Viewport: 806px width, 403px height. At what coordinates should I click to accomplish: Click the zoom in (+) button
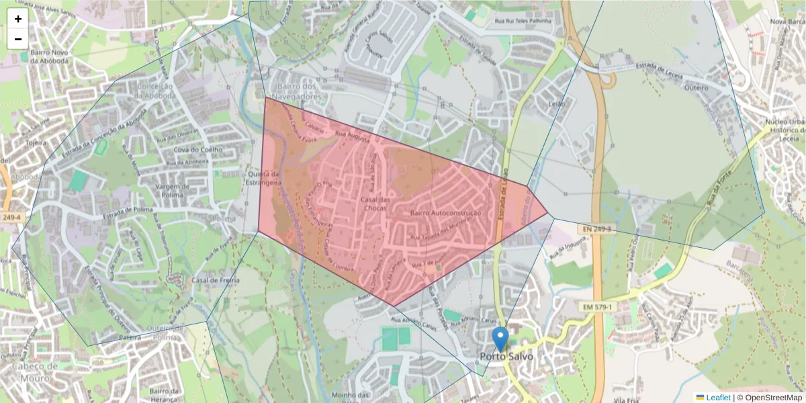click(x=18, y=19)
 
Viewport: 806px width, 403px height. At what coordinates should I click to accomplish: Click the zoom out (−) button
click(x=18, y=39)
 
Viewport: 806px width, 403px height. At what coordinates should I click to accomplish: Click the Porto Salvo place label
click(x=506, y=357)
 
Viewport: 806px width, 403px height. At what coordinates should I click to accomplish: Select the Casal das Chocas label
click(x=375, y=204)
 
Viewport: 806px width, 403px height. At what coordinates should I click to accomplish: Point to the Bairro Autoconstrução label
click(x=446, y=214)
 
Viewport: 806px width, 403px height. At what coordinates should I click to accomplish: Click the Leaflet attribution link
click(x=718, y=398)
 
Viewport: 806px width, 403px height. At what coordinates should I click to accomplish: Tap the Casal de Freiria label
click(x=212, y=280)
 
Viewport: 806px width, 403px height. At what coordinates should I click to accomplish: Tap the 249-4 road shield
click(x=11, y=218)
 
